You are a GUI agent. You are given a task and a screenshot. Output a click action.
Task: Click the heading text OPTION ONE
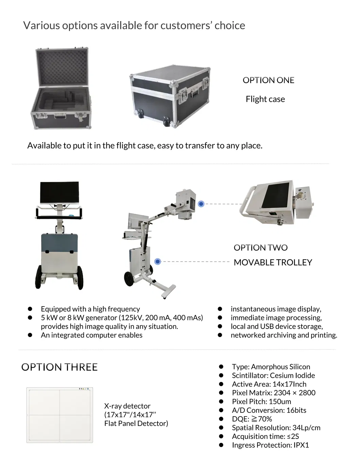[x=268, y=80]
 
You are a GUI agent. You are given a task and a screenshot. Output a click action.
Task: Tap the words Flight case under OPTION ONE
[x=265, y=99]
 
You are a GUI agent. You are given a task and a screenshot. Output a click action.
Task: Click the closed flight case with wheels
[x=170, y=96]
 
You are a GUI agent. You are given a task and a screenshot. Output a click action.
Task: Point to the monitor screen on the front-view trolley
[x=59, y=192]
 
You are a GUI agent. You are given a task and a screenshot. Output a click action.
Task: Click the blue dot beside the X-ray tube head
[x=201, y=204]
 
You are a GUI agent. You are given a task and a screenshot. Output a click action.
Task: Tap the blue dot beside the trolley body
[x=158, y=261]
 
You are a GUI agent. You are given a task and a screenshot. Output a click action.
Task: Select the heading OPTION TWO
[x=260, y=248]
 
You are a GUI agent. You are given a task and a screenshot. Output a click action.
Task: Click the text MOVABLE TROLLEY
[x=273, y=262]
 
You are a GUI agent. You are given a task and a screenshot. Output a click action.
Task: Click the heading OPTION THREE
[x=59, y=367]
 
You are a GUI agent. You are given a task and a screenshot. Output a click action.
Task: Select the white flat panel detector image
[x=60, y=415]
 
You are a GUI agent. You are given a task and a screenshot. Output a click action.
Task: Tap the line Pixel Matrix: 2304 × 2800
[x=273, y=393]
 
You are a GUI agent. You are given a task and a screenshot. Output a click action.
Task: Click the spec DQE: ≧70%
[x=252, y=419]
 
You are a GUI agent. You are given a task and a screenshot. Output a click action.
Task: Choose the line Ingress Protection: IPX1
[x=270, y=445]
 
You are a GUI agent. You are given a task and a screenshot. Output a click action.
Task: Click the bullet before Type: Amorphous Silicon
[x=221, y=367]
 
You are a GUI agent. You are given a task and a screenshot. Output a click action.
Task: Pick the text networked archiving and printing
[x=284, y=335]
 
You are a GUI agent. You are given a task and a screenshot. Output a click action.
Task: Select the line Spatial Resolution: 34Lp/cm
[x=276, y=428]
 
